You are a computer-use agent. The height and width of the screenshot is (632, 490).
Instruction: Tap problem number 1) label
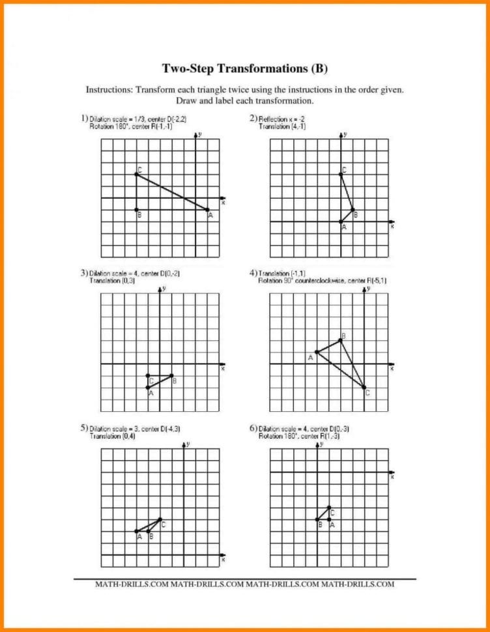84,118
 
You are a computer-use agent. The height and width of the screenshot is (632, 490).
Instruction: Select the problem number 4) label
253,272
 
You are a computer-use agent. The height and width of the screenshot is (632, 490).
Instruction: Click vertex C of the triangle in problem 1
136,174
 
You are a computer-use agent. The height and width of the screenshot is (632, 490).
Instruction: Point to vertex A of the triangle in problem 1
208,210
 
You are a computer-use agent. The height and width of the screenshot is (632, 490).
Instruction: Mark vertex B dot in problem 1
136,210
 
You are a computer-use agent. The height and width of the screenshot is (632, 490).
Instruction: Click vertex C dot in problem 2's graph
341,174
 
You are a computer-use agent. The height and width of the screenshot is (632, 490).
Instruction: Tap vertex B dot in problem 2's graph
353,210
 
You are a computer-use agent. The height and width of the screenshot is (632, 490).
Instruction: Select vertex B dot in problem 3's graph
172,375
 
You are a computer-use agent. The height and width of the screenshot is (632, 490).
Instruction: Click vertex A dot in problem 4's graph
317,352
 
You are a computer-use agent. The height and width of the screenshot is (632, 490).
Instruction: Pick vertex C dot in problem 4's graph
364,388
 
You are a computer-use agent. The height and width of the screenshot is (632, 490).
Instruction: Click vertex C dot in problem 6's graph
329,508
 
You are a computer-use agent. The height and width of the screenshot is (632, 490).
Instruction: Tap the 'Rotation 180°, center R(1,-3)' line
298,436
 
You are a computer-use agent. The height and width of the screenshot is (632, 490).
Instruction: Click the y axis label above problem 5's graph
188,444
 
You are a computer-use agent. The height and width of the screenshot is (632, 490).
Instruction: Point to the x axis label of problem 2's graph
392,227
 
